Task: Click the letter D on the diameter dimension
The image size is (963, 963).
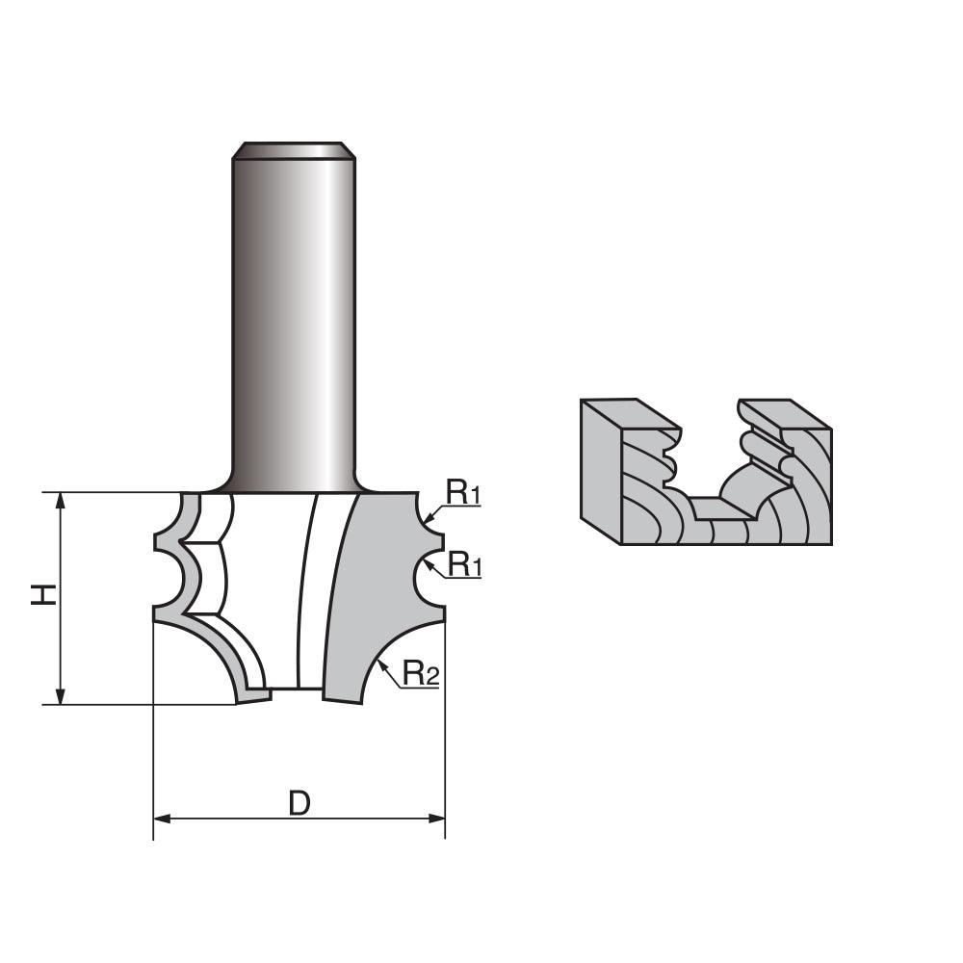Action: (x=299, y=802)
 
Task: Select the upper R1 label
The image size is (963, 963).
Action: (x=463, y=493)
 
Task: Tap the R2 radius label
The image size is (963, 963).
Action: (x=421, y=673)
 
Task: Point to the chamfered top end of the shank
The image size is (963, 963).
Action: (x=294, y=150)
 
